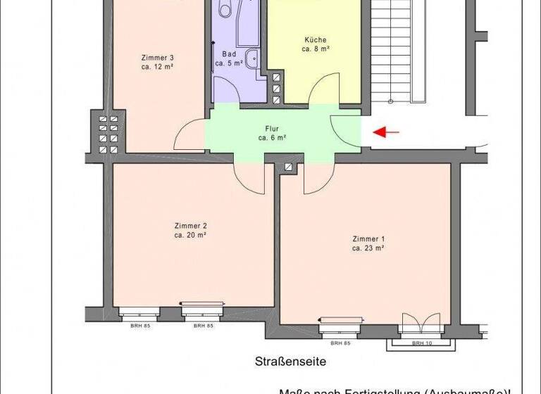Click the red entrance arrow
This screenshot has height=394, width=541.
[x=385, y=132]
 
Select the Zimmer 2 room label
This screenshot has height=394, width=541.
[x=190, y=226]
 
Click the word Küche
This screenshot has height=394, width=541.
[x=316, y=40]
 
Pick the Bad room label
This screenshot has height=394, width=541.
[x=229, y=54]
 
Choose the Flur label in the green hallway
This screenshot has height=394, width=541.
[x=272, y=129]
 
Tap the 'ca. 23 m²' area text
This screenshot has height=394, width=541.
[x=368, y=248]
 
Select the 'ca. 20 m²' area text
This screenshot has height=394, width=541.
[x=190, y=235]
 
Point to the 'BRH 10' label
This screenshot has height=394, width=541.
[x=422, y=343]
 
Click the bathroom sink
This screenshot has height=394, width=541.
[x=251, y=58]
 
